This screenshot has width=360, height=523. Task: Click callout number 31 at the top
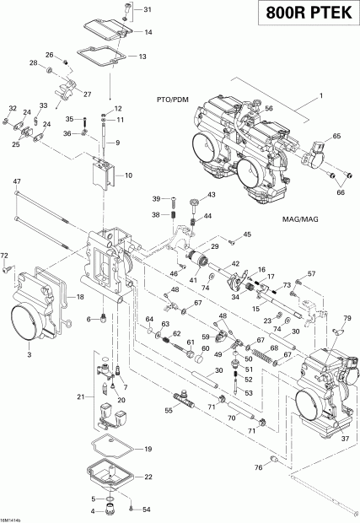(148, 10)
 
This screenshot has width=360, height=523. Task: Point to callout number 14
(148, 33)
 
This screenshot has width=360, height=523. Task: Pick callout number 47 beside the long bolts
(16, 181)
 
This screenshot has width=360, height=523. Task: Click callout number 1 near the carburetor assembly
(320, 100)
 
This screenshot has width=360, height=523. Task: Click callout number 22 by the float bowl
(148, 477)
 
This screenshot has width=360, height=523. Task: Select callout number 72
(4, 255)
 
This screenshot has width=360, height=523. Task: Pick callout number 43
(211, 195)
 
